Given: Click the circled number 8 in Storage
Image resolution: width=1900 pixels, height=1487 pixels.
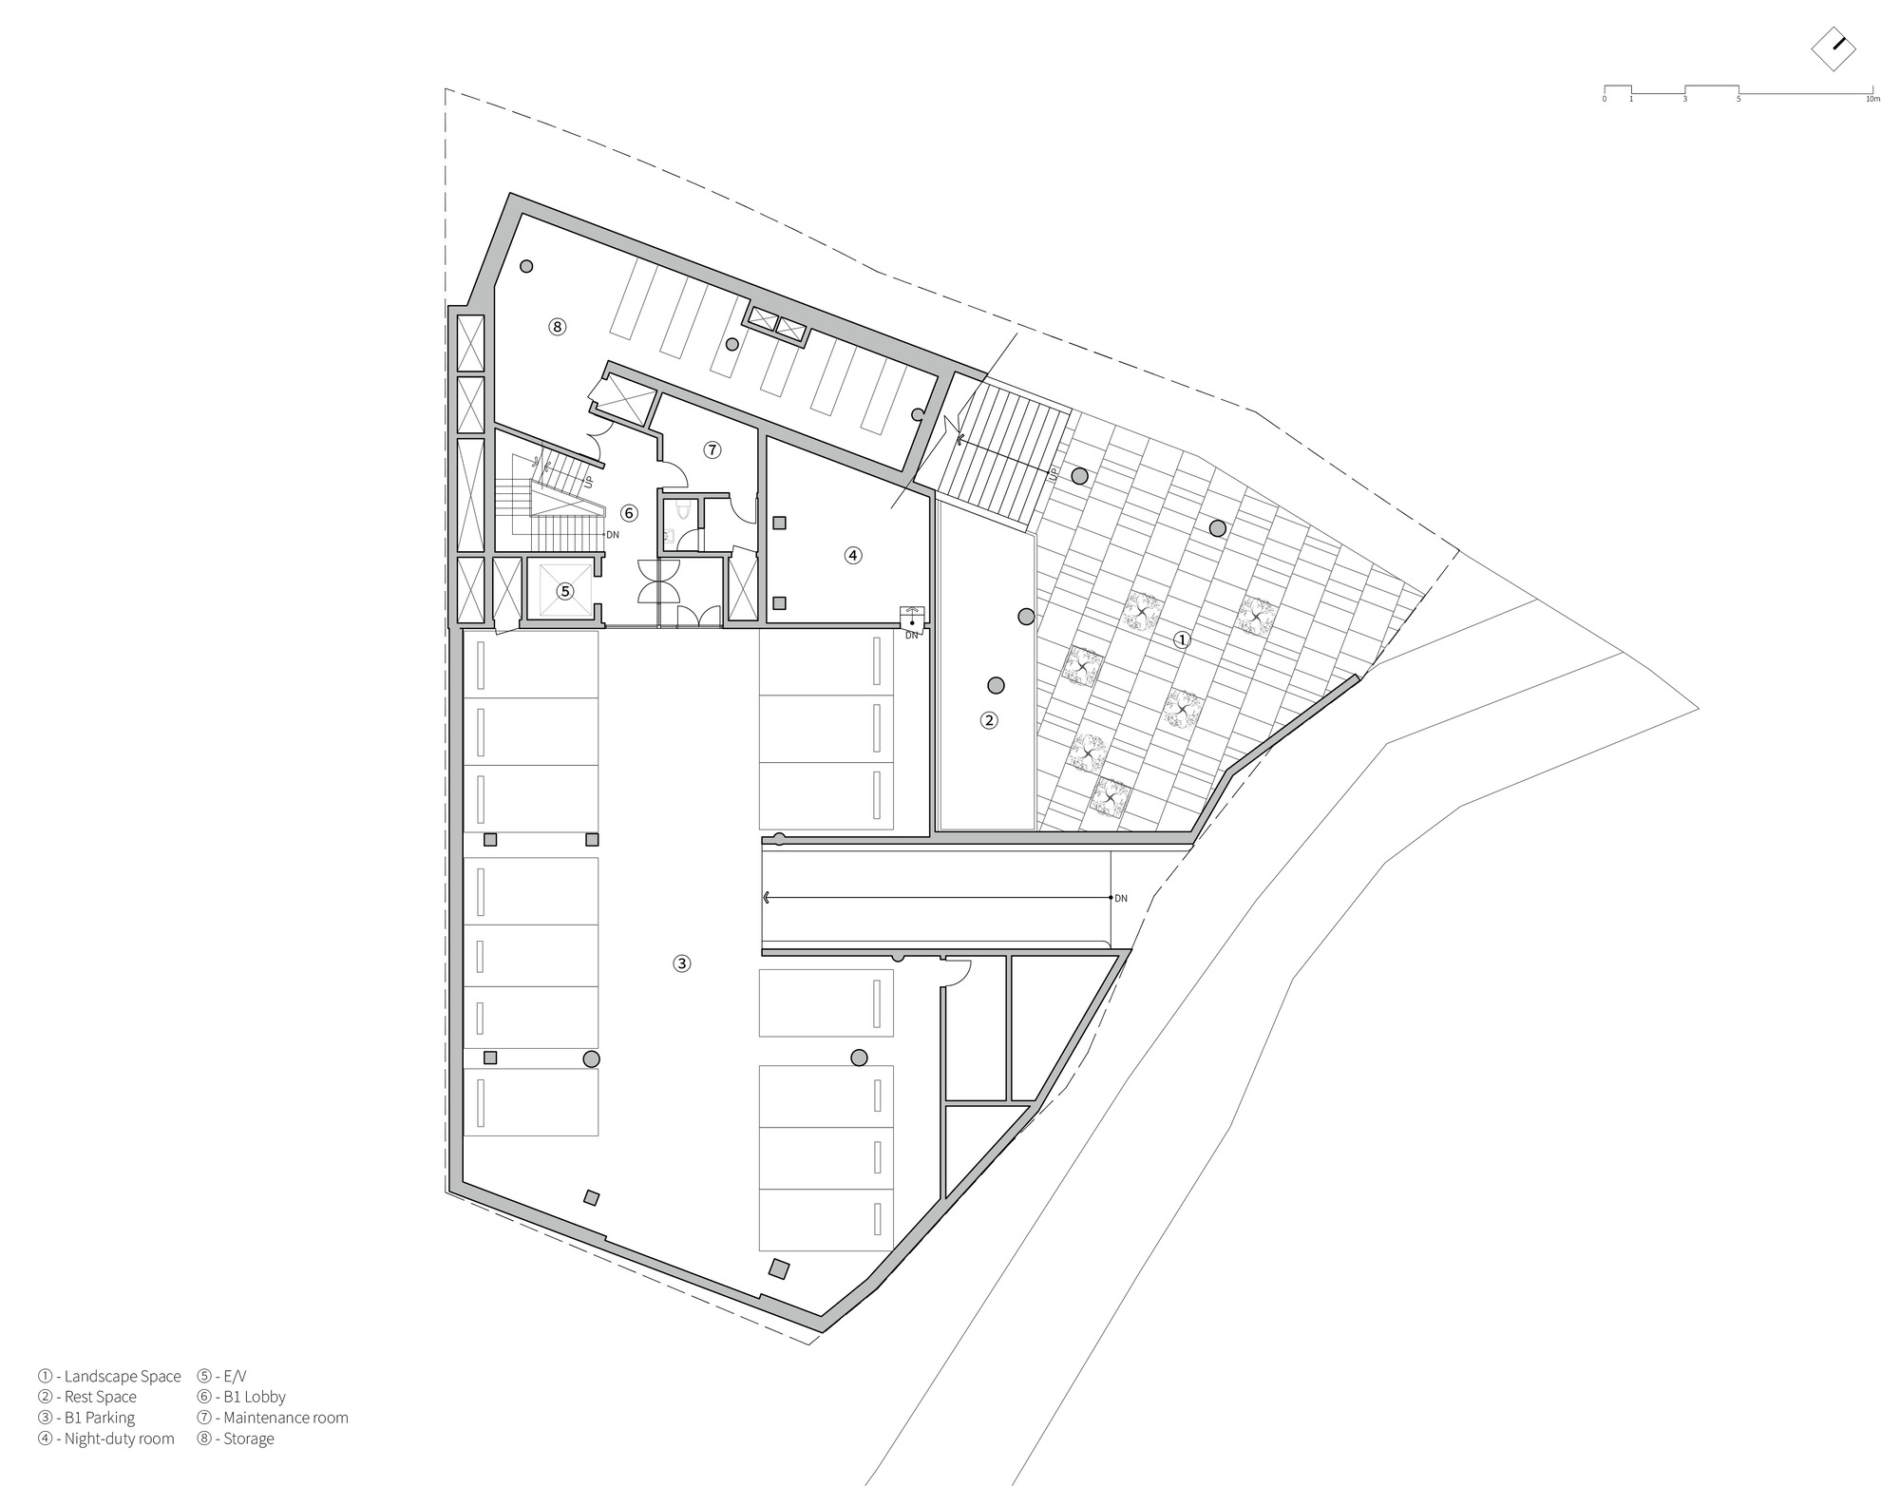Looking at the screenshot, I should click(x=557, y=327).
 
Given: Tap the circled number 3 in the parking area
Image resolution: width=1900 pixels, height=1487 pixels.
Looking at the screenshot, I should click(x=681, y=963).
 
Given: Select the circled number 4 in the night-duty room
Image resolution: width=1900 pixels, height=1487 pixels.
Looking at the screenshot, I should click(x=853, y=555).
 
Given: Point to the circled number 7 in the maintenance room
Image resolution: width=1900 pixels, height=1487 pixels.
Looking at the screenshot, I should click(x=712, y=449).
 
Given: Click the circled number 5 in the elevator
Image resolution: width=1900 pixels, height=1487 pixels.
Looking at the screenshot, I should click(x=565, y=591).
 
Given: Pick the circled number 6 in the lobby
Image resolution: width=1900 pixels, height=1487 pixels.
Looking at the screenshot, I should click(x=628, y=513).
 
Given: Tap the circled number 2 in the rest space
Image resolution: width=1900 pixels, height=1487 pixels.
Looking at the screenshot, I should click(x=989, y=720).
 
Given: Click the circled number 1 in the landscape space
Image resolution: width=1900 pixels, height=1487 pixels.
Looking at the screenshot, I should click(x=1182, y=639).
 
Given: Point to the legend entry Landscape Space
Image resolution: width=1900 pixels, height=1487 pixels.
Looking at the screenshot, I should click(x=109, y=1376).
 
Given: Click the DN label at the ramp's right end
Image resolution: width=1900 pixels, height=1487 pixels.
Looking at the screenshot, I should click(x=1121, y=898).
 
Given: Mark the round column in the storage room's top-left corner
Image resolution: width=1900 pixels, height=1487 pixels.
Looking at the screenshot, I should click(x=525, y=267).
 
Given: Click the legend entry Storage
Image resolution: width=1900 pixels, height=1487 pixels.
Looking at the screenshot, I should click(x=237, y=1439).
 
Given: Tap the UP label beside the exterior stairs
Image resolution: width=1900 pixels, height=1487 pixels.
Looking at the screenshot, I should click(x=1053, y=474).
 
